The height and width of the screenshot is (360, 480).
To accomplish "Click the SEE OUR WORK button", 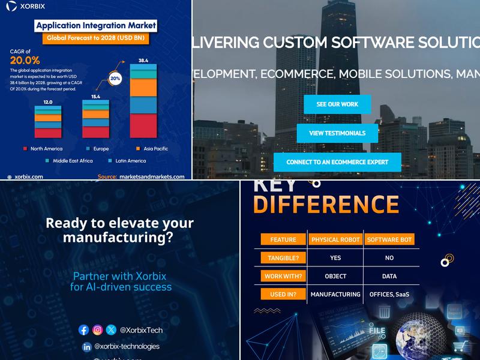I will [x=337, y=104].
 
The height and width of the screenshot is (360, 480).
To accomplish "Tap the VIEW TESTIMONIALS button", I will [x=337, y=133].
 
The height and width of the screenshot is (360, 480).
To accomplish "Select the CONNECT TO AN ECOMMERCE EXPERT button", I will [x=337, y=162].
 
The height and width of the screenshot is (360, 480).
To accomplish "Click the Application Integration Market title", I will [x=96, y=26].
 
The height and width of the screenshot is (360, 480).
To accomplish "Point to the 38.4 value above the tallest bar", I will [x=143, y=61].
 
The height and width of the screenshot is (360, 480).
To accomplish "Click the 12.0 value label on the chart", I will [x=47, y=102].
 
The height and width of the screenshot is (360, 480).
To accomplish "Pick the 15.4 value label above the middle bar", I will [x=95, y=97].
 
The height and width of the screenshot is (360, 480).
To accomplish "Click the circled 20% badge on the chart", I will [x=115, y=79].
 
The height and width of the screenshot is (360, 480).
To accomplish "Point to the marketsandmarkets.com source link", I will [x=152, y=176].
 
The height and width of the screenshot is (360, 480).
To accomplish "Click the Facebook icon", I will [x=84, y=330].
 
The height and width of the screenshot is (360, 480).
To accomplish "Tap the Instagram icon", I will [x=97, y=330].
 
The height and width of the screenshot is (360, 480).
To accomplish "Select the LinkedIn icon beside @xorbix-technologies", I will [x=86, y=347].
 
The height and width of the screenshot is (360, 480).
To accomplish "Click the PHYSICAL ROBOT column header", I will [x=335, y=239].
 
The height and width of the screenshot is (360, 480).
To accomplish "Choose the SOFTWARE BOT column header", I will [x=389, y=239].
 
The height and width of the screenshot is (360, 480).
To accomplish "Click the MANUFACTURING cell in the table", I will [x=335, y=295].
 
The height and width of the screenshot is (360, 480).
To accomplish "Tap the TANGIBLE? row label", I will [x=283, y=258].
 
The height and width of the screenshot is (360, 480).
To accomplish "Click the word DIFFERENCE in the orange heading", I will [x=326, y=205].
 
